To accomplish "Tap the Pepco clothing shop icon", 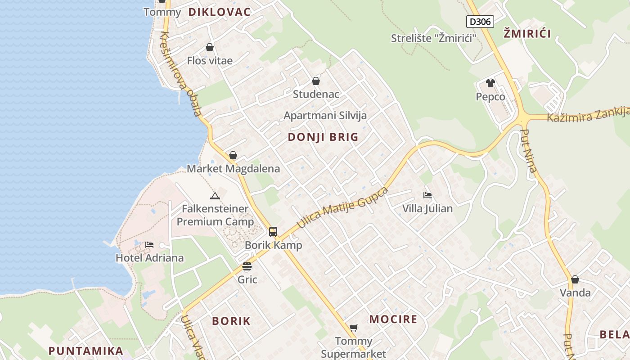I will [x=490, y=83].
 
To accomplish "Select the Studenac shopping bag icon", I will [x=316, y=81].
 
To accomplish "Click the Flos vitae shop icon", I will [x=210, y=47].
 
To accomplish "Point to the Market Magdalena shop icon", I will [x=233, y=155].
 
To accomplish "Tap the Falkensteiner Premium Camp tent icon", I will [x=215, y=196].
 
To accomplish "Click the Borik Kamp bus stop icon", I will [x=273, y=232].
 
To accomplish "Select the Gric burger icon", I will [x=247, y=266].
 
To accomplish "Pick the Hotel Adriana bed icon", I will [x=149, y=245].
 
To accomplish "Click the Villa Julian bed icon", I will [x=427, y=195].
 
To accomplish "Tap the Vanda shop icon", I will [x=575, y=279].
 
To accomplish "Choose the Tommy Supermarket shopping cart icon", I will [x=353, y=328].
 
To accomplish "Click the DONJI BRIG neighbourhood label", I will [x=323, y=137].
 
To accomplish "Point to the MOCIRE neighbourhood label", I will [x=393, y=319].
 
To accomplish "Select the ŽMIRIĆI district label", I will [x=527, y=33].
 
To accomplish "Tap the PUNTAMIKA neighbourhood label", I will [x=85, y=351].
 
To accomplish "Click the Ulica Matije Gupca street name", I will [x=342, y=207].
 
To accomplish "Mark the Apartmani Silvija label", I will [x=325, y=116].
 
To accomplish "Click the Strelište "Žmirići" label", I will [x=433, y=38].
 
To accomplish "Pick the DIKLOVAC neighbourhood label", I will [x=219, y=12].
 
